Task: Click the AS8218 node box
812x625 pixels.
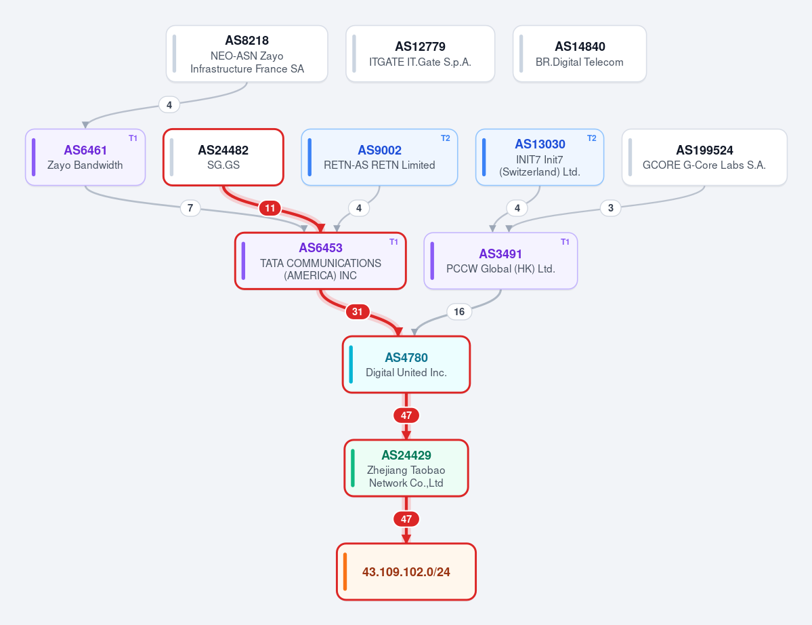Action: click(x=247, y=54)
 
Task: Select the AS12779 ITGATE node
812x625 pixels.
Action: click(x=420, y=54)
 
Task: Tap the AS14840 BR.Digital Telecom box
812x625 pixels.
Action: click(x=580, y=54)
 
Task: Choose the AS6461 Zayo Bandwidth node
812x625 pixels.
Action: click(x=85, y=157)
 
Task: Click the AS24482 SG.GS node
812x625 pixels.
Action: click(x=223, y=157)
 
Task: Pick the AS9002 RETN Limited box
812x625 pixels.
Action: click(x=380, y=157)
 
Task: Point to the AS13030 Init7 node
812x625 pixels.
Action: click(x=540, y=157)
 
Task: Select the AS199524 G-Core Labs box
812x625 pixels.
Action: click(x=704, y=157)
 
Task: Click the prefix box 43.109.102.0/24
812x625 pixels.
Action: click(x=406, y=571)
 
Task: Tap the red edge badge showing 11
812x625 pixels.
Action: click(x=270, y=208)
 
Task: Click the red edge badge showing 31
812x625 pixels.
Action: click(x=358, y=311)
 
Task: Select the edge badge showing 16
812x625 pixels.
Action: click(x=458, y=311)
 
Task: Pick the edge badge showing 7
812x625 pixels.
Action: click(x=190, y=208)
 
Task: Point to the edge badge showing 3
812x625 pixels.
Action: click(x=611, y=208)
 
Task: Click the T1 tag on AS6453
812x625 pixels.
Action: click(x=393, y=242)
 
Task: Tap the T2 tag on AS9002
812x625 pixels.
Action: click(x=446, y=138)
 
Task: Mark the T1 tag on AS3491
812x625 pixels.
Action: click(x=565, y=242)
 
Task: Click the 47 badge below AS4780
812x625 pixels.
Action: click(x=406, y=415)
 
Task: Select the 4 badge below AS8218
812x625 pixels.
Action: click(x=169, y=104)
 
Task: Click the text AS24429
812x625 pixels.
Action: click(x=406, y=455)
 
